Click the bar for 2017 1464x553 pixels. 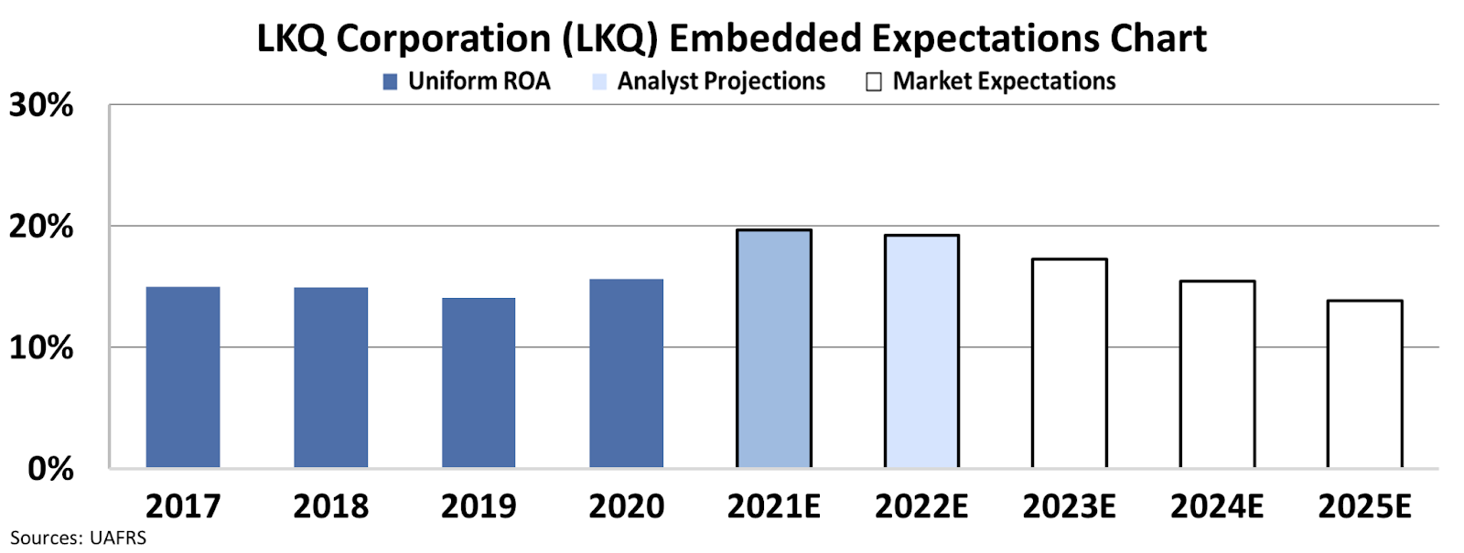[183, 378]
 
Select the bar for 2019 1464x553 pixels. [479, 383]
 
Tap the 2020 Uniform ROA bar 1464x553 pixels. [626, 374]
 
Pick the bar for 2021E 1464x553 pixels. [774, 349]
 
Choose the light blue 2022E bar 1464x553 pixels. [921, 352]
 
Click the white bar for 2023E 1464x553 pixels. [1070, 364]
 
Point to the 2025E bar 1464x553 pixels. [1364, 384]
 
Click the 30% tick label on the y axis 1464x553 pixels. [41, 106]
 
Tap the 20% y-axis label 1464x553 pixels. [41, 227]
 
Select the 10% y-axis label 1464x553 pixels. [41, 348]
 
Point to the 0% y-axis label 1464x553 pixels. [50, 469]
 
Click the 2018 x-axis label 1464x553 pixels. [330, 506]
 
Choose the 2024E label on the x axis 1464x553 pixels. [1217, 506]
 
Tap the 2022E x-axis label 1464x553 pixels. [921, 506]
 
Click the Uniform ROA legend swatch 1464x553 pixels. [390, 82]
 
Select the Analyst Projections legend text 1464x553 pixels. [721, 81]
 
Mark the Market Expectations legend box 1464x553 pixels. [874, 82]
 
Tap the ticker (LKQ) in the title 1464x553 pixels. [609, 39]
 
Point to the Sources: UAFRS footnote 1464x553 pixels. [78, 538]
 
